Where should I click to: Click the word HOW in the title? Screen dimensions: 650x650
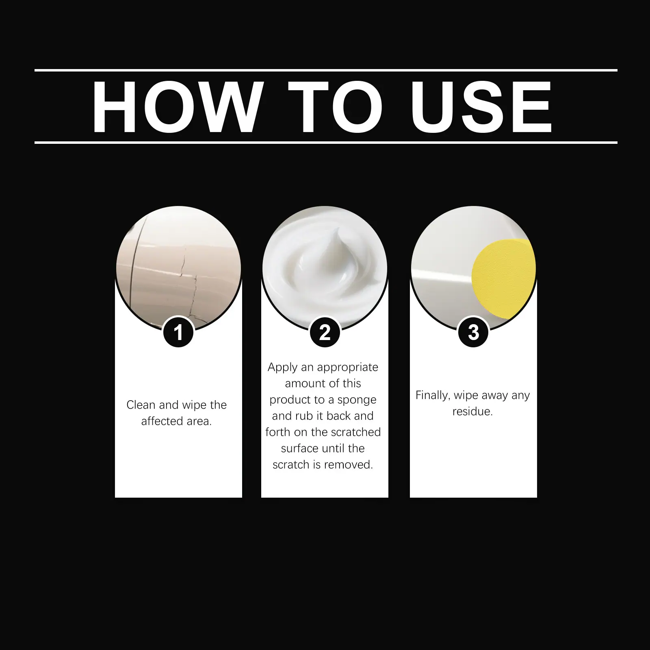[x=175, y=107]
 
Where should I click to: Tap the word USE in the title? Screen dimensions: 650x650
[x=481, y=107]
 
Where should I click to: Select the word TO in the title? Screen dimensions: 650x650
[x=335, y=107]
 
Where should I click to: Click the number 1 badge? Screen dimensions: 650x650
[x=178, y=332]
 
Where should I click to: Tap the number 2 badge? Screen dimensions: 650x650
[x=325, y=332]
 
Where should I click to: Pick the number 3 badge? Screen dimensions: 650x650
[x=473, y=332]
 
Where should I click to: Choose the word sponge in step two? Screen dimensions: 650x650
[x=357, y=400]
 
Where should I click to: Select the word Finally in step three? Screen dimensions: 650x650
[x=433, y=396]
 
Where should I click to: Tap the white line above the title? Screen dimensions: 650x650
[x=326, y=70]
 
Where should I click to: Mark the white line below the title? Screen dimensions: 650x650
[x=326, y=143]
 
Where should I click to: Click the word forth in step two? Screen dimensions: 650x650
[x=278, y=432]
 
